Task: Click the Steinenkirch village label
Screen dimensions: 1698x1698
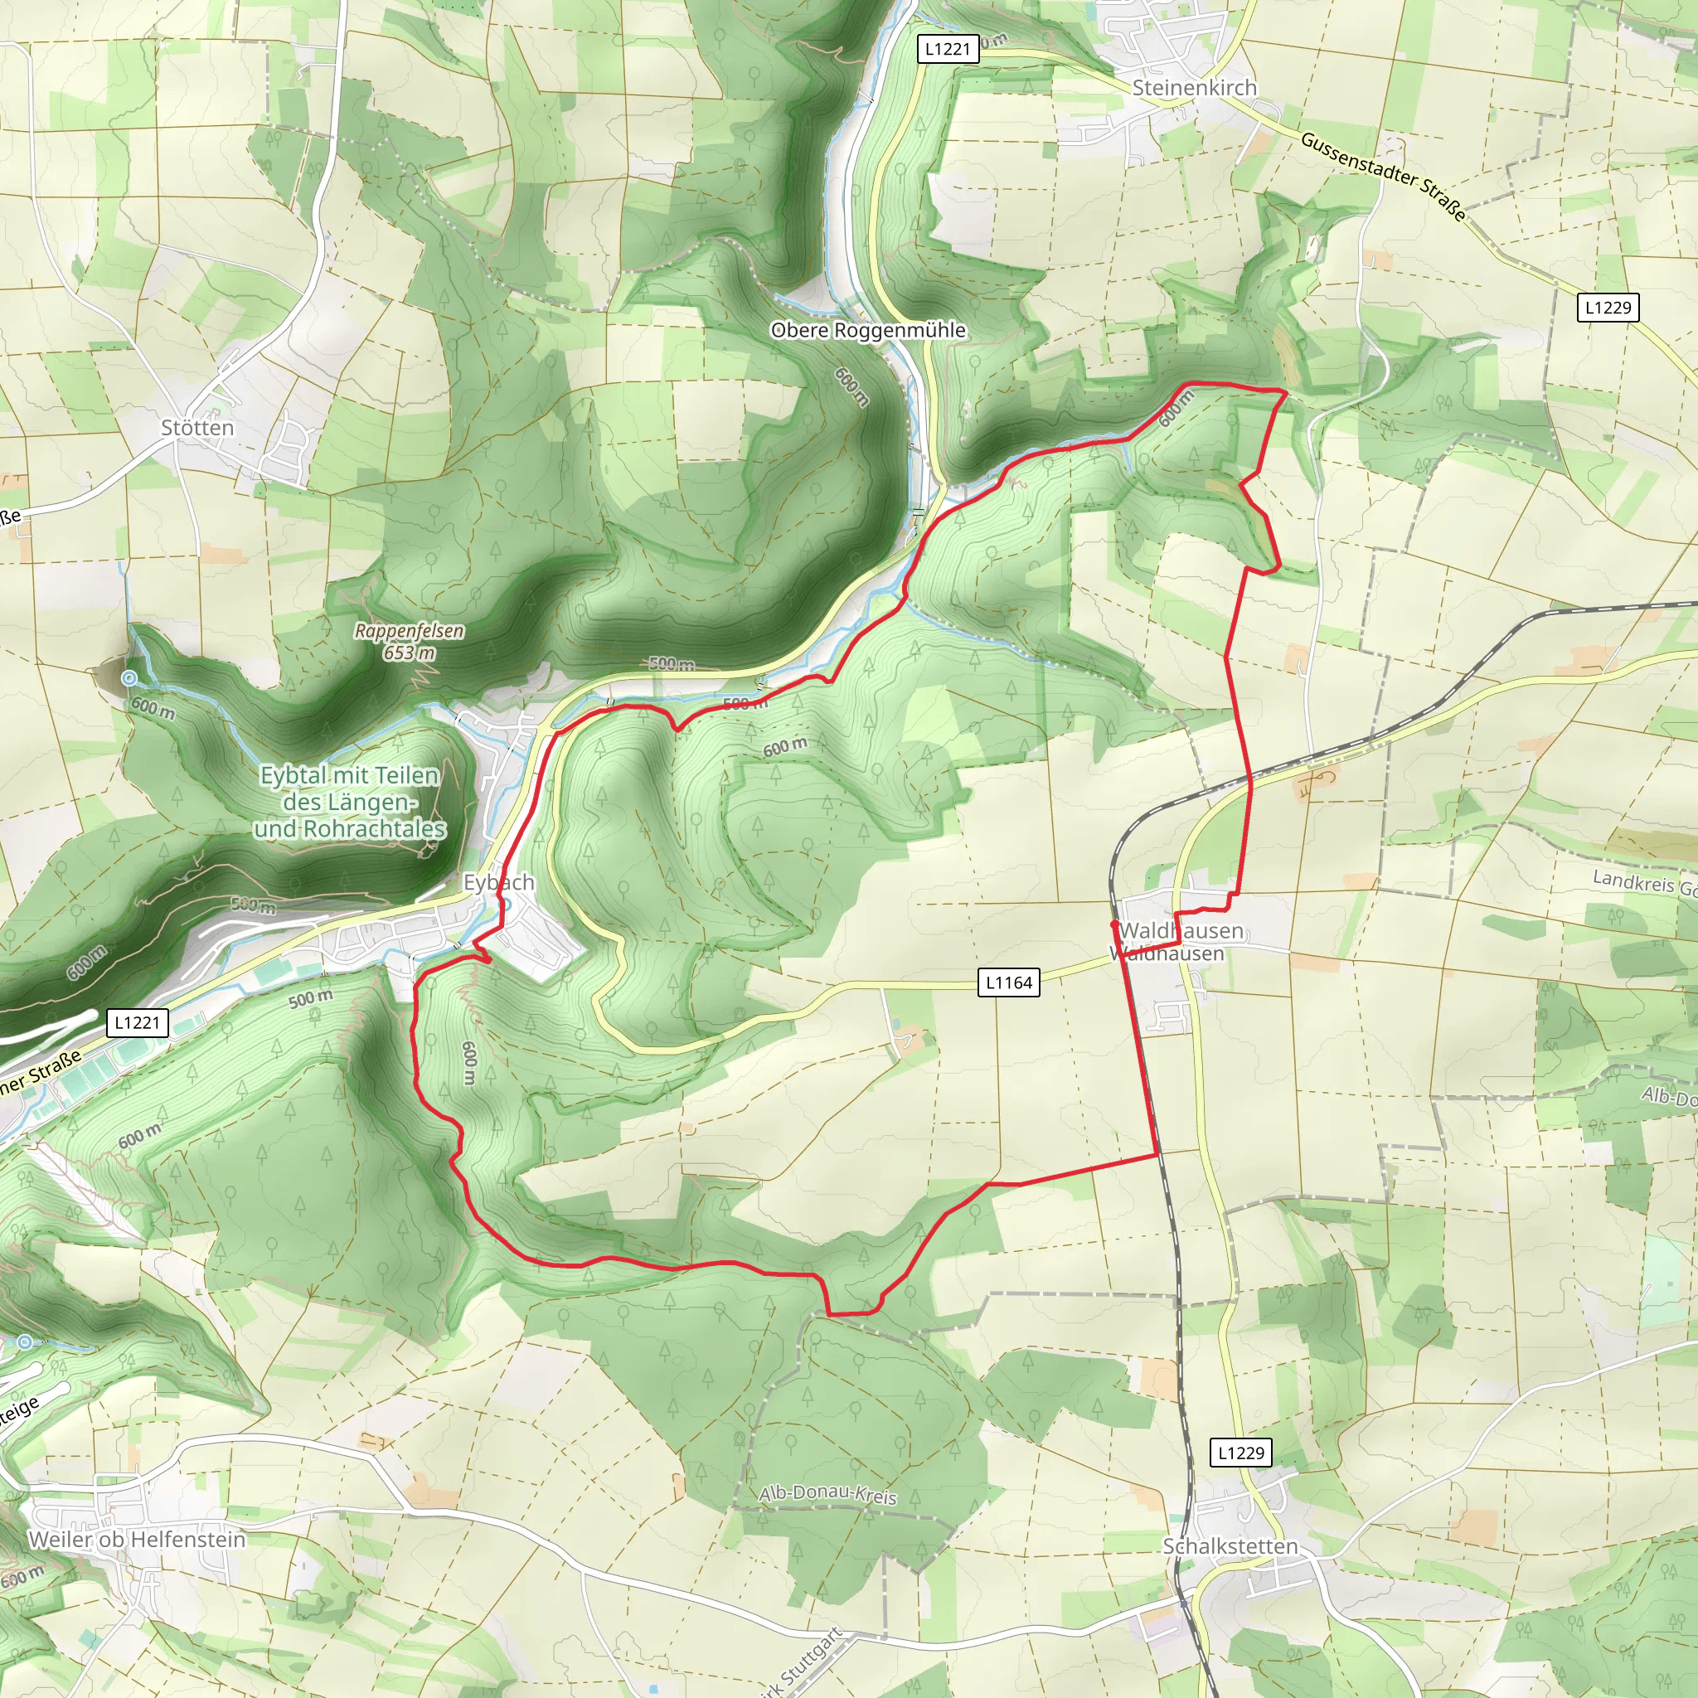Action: point(1194,88)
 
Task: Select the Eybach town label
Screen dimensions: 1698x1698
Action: point(498,881)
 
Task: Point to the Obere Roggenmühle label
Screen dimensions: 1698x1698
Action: point(867,331)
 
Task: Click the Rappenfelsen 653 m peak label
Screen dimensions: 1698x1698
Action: point(409,641)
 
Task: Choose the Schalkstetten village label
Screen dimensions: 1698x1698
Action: point(1230,1546)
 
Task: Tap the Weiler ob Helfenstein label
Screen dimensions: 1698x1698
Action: point(137,1539)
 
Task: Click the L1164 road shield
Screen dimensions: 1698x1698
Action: point(1008,982)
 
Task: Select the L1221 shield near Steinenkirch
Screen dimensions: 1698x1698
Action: point(947,49)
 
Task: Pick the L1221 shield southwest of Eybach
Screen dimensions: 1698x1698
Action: point(137,1022)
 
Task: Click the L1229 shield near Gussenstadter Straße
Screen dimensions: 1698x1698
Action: point(1608,308)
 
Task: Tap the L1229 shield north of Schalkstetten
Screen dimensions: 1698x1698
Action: point(1240,1453)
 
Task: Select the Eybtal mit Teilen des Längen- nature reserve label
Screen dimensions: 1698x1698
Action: point(349,802)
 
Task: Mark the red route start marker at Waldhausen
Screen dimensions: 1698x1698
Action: point(1114,924)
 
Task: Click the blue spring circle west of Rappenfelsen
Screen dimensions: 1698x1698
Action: point(129,677)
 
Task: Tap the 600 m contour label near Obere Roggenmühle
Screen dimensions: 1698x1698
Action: point(851,386)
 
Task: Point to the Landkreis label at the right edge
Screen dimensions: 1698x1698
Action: point(1643,882)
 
